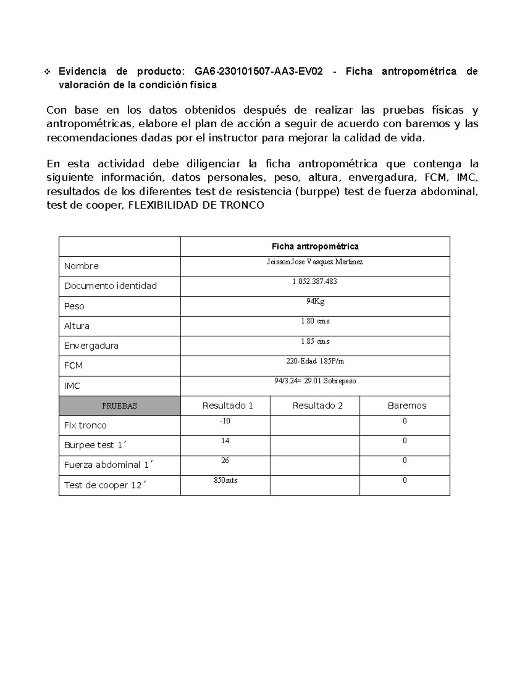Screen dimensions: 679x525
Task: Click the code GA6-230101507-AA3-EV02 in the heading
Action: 259,71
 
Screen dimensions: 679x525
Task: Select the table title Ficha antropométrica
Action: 315,247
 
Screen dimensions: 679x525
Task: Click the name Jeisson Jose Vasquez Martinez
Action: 315,262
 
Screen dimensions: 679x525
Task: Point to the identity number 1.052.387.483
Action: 315,282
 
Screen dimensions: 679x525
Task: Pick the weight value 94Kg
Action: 315,301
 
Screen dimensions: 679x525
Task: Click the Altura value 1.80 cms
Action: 315,321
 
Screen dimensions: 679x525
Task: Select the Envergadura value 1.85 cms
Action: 315,341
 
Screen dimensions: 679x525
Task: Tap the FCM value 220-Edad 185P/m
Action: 315,361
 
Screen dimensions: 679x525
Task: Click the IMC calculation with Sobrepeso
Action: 315,381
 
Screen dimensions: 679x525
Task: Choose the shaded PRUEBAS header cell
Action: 119,406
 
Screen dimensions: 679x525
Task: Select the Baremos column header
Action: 407,406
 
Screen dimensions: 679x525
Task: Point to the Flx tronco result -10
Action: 225,421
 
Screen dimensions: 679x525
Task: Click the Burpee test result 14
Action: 225,441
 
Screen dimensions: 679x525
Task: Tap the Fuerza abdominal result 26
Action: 225,460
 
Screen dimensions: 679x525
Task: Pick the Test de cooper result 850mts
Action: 225,480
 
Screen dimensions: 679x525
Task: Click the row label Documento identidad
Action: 110,286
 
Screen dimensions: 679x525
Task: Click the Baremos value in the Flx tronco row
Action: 405,421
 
